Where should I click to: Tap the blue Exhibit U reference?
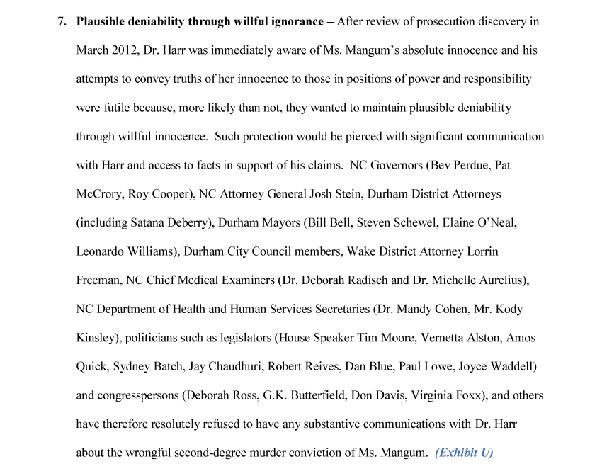464,453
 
